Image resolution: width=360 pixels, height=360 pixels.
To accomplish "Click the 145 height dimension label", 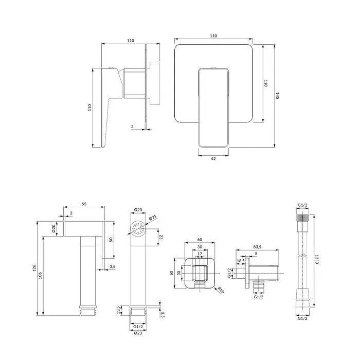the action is click(x=277, y=96).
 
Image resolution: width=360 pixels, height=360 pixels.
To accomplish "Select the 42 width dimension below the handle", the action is click(x=213, y=158).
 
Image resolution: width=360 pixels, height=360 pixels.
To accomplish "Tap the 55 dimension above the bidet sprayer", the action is click(x=84, y=204).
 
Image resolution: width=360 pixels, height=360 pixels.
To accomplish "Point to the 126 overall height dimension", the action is click(x=34, y=268).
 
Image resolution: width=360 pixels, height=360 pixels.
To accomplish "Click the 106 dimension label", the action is click(x=41, y=276).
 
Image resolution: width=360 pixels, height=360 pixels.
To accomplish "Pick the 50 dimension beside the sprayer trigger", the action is click(x=111, y=240).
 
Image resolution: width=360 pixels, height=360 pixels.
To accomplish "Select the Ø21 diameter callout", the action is click(x=153, y=217).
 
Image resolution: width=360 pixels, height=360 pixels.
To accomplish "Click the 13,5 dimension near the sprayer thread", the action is click(x=118, y=310).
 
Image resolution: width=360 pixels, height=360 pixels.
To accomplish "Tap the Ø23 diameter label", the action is click(x=138, y=333).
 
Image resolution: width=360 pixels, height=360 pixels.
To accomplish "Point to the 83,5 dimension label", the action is click(x=257, y=247).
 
